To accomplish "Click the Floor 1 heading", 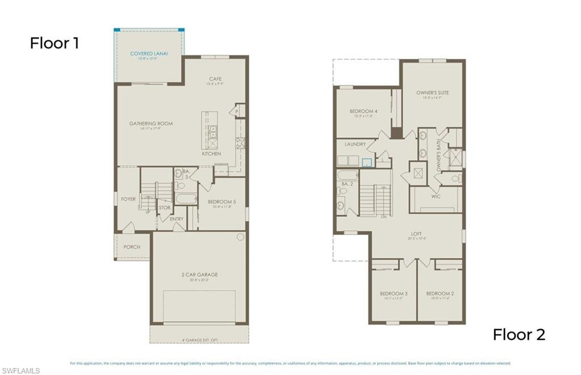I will coord(54,43).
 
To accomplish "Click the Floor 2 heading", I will coord(519,335).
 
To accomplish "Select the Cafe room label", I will coord(215,79).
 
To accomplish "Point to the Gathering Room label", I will coord(151,124).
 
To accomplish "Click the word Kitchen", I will coord(212,154).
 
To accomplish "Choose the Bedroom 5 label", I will coord(222,202).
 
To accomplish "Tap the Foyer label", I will coord(128,199).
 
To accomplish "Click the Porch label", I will coord(132,247).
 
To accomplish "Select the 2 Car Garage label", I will coord(199,275).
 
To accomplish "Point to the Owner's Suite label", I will coord(432,92).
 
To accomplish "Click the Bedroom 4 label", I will coord(364,111).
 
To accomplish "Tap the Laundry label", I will coord(355,145).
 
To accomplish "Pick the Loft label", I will coord(416,234).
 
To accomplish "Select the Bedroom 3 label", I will coord(394,293).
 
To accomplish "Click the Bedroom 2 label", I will coord(440,293).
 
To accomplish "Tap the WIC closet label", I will coord(436,196).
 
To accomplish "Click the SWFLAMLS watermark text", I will coord(20,370).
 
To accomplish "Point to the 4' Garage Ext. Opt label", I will coord(199,340).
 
